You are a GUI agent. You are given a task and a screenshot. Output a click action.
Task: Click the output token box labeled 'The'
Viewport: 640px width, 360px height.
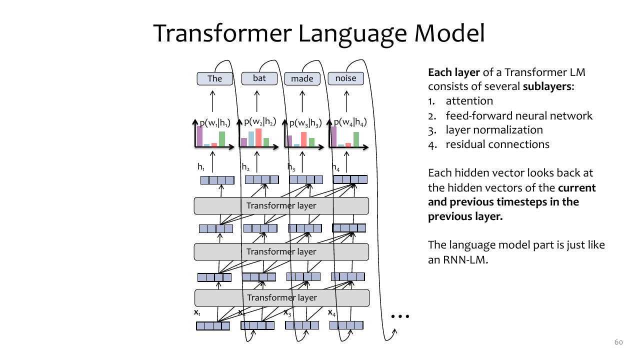pyautogui.click(x=215, y=78)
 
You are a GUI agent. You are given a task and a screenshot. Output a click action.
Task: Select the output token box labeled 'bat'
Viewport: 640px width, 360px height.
pyautogui.click(x=259, y=78)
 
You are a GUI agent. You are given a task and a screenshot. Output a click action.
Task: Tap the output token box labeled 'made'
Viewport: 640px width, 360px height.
pyautogui.click(x=302, y=78)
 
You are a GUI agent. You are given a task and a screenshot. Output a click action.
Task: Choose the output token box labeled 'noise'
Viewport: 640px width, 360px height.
pyautogui.click(x=345, y=78)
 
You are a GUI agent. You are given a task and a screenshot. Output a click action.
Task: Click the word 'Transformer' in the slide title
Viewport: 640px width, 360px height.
pyautogui.click(x=222, y=33)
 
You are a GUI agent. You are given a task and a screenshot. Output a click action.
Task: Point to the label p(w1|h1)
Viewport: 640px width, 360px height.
pyautogui.click(x=215, y=123)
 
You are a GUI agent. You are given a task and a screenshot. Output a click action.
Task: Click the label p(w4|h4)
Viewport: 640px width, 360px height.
pyautogui.click(x=350, y=122)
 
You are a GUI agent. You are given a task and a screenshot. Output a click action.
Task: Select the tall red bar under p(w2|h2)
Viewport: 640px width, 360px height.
pyautogui.click(x=258, y=137)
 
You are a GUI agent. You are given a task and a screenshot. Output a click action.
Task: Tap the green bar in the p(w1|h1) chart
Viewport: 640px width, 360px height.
pyautogui.click(x=222, y=139)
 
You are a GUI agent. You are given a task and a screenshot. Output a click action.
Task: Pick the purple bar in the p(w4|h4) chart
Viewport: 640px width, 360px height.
pyautogui.click(x=333, y=137)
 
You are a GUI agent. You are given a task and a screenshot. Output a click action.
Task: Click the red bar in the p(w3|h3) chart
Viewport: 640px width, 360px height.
pyautogui.click(x=303, y=139)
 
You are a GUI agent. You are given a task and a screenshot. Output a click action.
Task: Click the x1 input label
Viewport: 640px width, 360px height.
pyautogui.click(x=197, y=312)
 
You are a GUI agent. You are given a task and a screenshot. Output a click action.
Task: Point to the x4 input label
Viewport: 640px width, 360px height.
pyautogui.click(x=331, y=313)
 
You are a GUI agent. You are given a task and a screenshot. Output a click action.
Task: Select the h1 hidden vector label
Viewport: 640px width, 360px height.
pyautogui.click(x=201, y=167)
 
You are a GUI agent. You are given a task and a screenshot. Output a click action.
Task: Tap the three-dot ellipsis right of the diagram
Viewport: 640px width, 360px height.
pyautogui.click(x=400, y=316)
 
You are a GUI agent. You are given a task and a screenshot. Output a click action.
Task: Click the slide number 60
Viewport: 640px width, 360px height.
pyautogui.click(x=618, y=342)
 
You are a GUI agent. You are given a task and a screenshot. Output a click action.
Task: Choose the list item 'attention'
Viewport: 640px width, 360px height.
pyautogui.click(x=469, y=101)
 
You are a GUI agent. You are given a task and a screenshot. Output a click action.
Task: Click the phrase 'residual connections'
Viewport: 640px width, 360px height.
pyautogui.click(x=497, y=144)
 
